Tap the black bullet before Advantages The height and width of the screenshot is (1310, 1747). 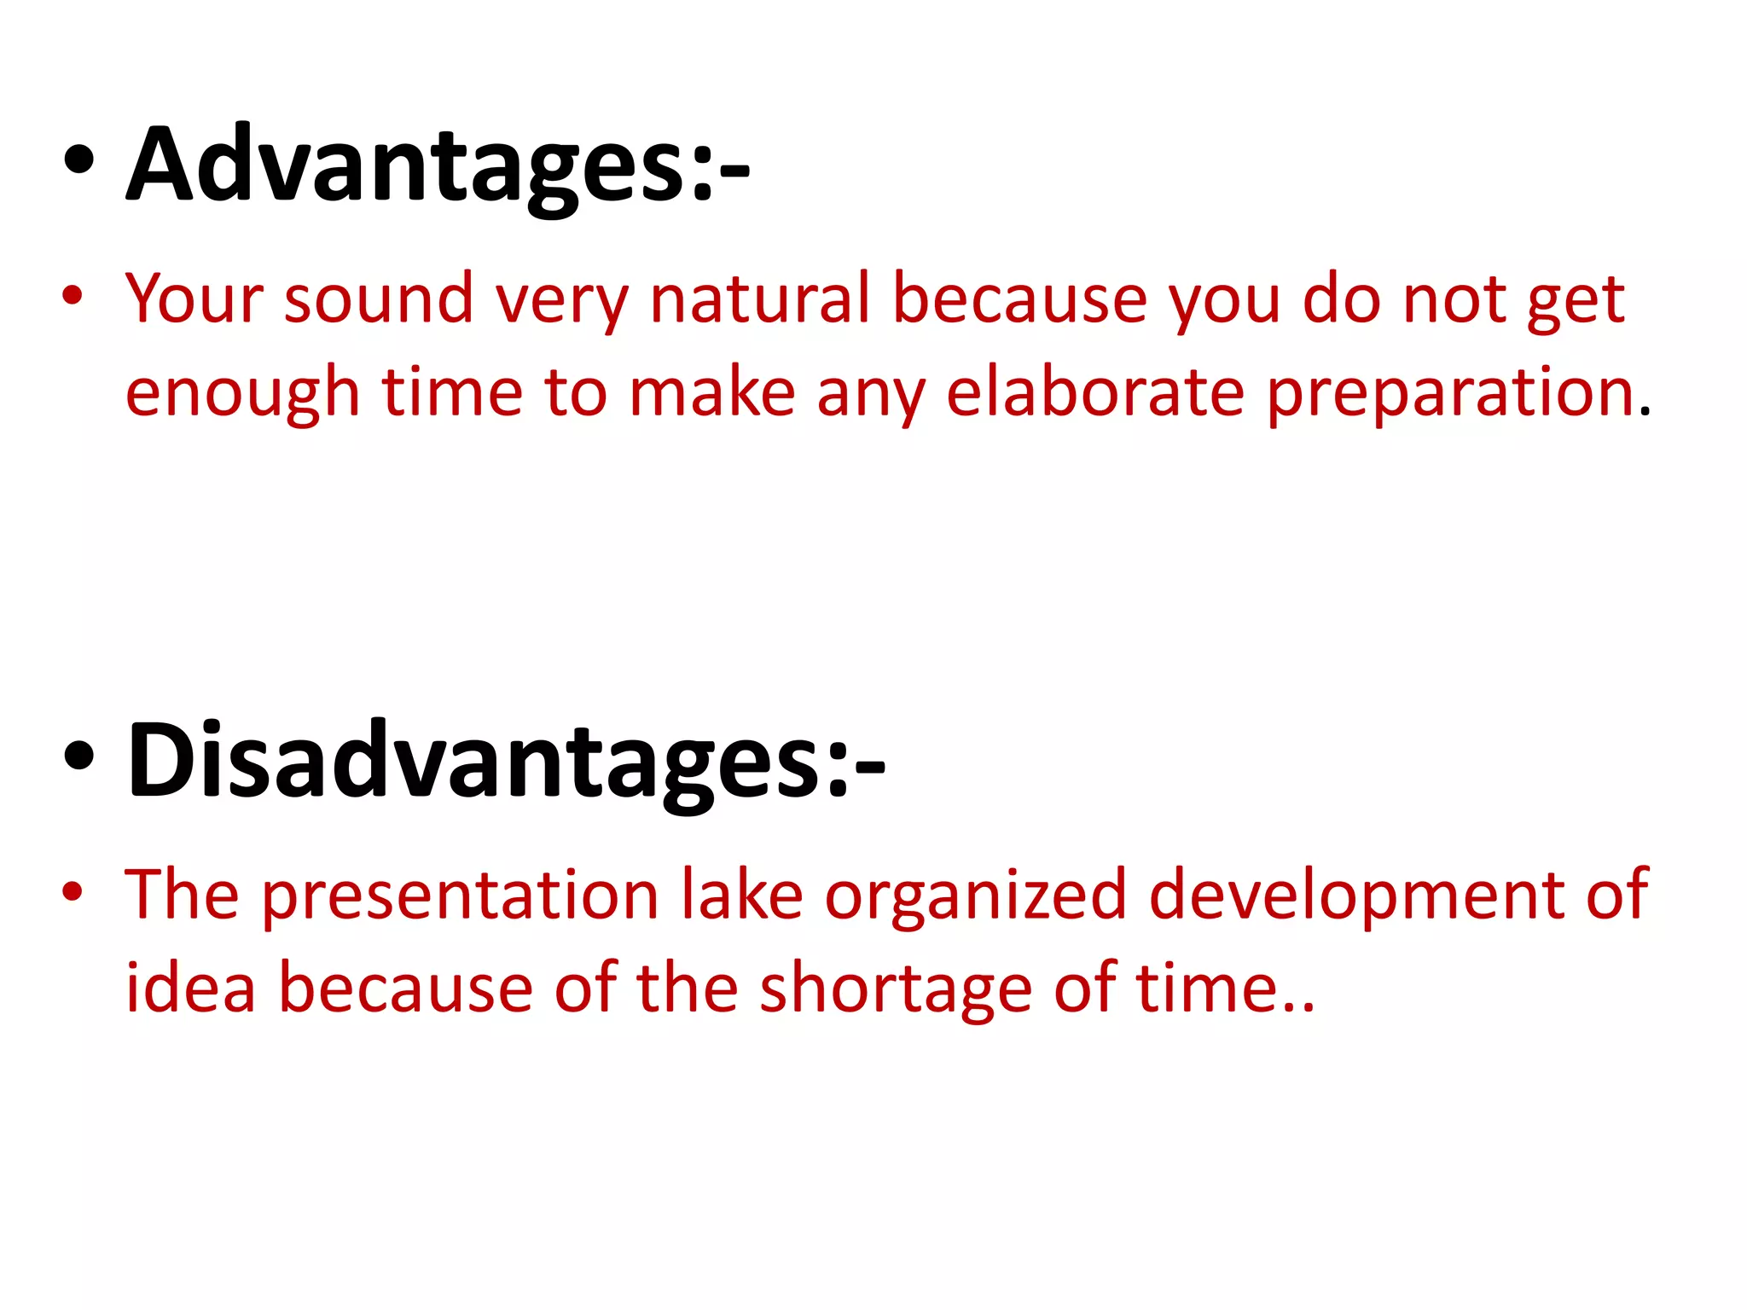[78, 162]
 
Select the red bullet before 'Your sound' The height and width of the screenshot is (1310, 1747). [73, 296]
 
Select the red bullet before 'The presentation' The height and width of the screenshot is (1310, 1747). [73, 891]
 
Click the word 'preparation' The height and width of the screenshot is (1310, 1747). [1450, 394]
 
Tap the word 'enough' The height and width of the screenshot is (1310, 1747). [242, 394]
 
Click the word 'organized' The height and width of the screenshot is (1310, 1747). [975, 896]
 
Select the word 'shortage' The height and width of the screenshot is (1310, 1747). [896, 989]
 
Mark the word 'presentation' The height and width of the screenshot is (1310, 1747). [460, 896]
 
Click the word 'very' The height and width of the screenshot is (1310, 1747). [561, 300]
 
